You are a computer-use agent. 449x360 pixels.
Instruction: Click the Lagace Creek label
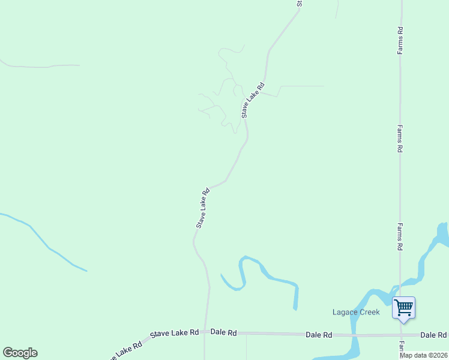(357, 312)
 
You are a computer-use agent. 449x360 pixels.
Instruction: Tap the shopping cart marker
(403, 308)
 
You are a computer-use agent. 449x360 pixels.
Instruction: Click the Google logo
(20, 353)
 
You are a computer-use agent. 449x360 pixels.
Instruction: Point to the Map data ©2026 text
(424, 355)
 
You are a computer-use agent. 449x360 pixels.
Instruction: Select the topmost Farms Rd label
(400, 40)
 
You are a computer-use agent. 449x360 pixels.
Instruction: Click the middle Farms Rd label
(400, 139)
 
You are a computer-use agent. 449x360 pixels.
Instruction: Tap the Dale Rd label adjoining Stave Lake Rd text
(224, 332)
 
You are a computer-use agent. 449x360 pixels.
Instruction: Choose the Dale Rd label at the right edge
(433, 335)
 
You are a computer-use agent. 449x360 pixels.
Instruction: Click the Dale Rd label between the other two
(319, 334)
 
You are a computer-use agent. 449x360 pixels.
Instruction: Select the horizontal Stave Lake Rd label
(175, 332)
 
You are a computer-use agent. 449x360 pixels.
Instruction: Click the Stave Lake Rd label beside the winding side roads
(253, 100)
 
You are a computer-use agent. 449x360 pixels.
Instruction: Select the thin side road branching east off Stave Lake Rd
(300, 86)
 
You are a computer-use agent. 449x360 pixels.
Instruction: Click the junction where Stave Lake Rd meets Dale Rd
(206, 332)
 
